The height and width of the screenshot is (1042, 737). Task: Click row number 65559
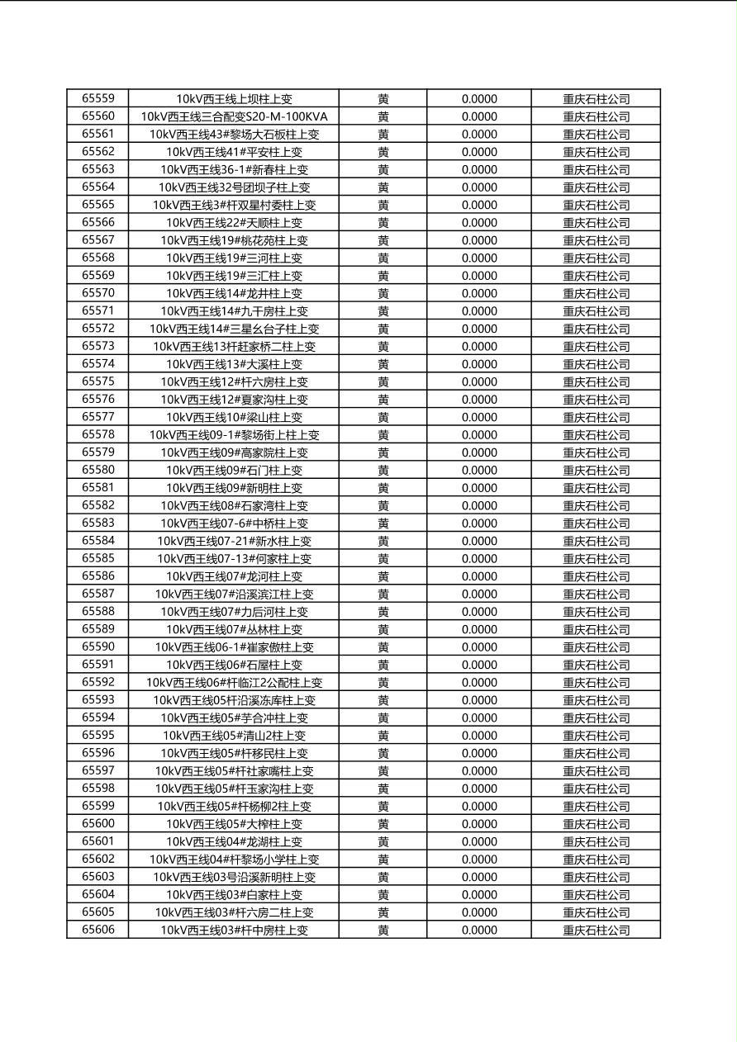point(98,98)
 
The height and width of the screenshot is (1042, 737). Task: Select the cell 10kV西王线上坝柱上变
point(234,99)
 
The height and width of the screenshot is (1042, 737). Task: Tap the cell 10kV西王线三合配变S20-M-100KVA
point(234,116)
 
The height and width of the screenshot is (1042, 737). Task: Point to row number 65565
point(98,204)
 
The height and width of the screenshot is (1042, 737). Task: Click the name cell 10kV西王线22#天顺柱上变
point(234,222)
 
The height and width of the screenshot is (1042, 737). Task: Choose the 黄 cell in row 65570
point(383,293)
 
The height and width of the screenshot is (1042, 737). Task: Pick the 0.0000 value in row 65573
point(479,346)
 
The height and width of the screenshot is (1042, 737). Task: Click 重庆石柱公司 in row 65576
point(596,400)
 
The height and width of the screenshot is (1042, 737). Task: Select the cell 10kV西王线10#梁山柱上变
point(234,417)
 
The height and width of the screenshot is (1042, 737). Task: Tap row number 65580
point(98,470)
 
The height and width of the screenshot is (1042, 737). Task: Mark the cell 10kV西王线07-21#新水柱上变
point(234,541)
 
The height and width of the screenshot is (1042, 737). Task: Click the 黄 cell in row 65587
point(383,594)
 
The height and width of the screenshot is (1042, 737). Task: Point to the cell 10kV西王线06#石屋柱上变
point(234,665)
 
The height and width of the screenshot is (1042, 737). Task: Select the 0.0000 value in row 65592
point(479,682)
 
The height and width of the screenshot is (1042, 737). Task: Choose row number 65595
point(98,735)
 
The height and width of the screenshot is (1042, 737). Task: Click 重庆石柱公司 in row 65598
point(596,789)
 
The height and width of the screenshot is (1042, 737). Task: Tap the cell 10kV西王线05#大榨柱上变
point(234,824)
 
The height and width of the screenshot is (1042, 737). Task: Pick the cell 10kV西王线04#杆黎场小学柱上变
point(234,859)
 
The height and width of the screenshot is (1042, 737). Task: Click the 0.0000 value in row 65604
point(479,894)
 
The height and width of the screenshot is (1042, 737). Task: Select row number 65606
point(98,930)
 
